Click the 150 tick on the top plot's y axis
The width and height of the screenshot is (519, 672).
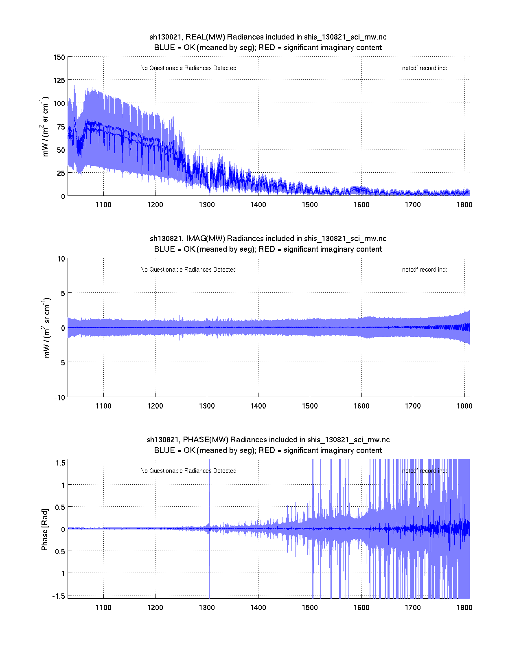(x=59, y=57)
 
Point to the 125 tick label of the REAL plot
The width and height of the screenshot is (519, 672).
(x=59, y=80)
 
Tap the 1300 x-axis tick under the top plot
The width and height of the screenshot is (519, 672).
(x=207, y=204)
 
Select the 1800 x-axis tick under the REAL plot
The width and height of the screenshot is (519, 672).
(x=464, y=204)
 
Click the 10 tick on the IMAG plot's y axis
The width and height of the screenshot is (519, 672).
(x=61, y=259)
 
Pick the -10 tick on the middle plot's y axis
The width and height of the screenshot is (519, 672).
(x=59, y=398)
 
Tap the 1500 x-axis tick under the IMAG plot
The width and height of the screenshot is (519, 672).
(x=310, y=406)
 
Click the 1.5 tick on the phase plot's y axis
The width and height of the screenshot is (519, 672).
(x=61, y=462)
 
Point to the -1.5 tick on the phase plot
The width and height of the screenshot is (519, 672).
(x=59, y=595)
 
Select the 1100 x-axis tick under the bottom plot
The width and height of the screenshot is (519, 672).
(x=103, y=607)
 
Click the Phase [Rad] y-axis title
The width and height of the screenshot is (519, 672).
(x=45, y=529)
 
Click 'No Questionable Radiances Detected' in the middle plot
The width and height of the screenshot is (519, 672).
(x=188, y=270)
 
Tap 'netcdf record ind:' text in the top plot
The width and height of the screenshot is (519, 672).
(x=424, y=68)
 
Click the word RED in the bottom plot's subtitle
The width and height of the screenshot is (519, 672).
(x=266, y=450)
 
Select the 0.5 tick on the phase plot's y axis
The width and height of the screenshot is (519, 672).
(x=60, y=507)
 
